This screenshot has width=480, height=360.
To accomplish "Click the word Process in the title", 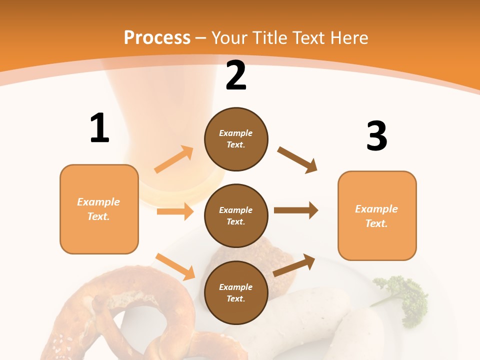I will coord(157,37).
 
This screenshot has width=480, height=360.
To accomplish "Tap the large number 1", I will coord(99,128).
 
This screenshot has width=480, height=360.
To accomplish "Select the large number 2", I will coord(236,75).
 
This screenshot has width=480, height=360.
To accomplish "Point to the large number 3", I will coord(376,136).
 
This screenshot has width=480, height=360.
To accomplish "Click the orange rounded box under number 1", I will coord(99,209).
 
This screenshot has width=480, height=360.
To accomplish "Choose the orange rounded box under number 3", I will coord(377,215).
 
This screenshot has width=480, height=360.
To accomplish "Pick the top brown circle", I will coord(236,139).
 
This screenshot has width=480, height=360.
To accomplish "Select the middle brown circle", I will coord(236,215).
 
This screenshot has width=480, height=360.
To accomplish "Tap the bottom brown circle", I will coord(236,292).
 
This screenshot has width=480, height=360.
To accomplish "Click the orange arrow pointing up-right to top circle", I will coord(174,159).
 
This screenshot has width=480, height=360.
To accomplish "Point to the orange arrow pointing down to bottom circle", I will coord(175,266).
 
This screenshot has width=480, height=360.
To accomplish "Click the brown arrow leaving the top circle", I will coord(297,159).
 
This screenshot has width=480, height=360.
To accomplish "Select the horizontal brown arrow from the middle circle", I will coord(296,210).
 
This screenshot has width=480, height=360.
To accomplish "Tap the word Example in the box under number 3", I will coord(376,209).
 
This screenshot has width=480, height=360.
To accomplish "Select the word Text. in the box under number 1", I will coord(98,216).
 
